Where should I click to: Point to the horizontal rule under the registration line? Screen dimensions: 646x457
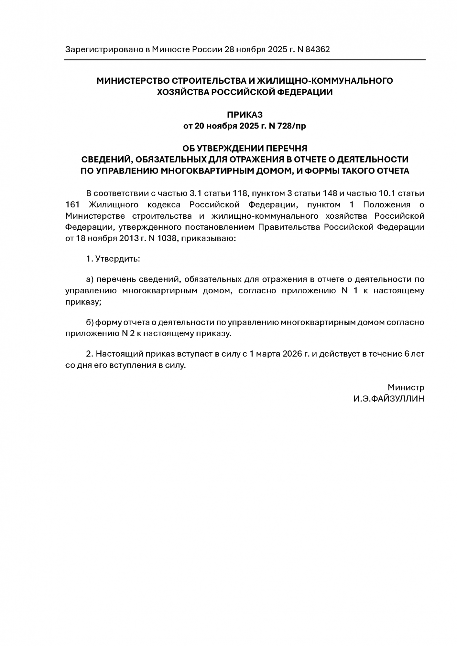click(245, 60)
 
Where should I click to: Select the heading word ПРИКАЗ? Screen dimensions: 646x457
click(245, 115)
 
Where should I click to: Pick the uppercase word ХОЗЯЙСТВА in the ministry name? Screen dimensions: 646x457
click(183, 92)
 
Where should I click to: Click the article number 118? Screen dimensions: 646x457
click(240, 193)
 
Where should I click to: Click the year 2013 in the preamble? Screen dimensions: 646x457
click(125, 239)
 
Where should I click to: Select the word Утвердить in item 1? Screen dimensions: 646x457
click(118, 259)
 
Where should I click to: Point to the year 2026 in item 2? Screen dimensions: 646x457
click(292, 354)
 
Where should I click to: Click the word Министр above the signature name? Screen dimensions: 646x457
click(406, 387)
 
